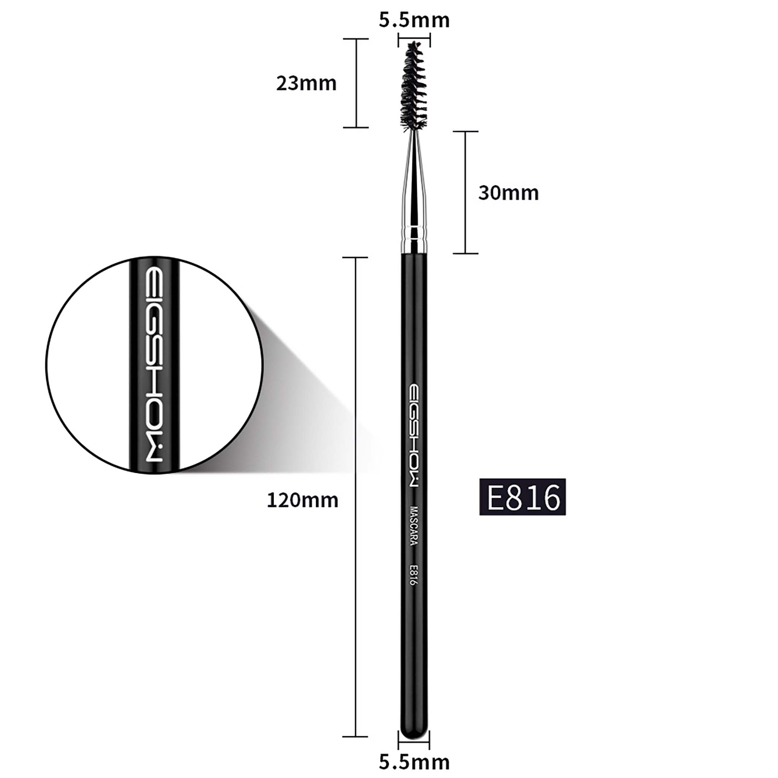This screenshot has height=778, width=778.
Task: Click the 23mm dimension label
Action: pyautogui.click(x=306, y=83)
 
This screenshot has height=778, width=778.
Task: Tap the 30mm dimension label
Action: pyautogui.click(x=508, y=193)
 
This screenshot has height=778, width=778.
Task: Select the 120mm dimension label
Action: pyautogui.click(x=302, y=500)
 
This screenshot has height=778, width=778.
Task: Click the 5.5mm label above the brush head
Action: pyautogui.click(x=414, y=20)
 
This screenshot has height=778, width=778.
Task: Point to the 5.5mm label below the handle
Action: pyautogui.click(x=414, y=762)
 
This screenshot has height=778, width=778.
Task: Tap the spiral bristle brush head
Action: pyautogui.click(x=413, y=87)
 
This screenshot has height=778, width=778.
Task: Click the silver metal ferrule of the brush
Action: pyautogui.click(x=414, y=193)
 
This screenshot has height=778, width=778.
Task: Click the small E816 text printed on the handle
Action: pyautogui.click(x=413, y=576)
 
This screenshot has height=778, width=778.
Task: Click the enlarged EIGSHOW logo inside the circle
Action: pyautogui.click(x=154, y=365)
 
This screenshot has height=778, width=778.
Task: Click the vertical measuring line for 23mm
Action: pyautogui.click(x=356, y=83)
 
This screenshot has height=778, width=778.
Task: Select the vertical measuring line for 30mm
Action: pyautogui.click(x=465, y=193)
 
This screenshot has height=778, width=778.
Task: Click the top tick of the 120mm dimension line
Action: pyautogui.click(x=355, y=257)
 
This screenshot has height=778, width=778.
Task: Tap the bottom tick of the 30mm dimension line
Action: pyautogui.click(x=465, y=253)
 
